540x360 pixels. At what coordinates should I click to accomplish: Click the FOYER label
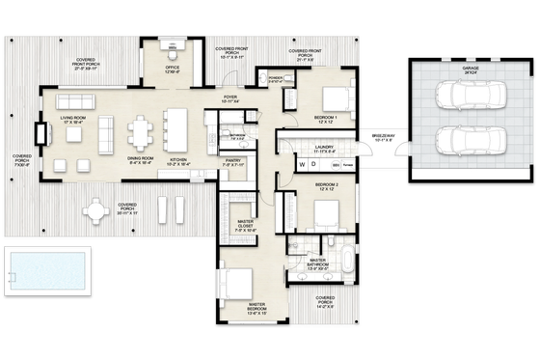(x=230, y=97)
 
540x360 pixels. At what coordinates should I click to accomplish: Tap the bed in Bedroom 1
(x=331, y=97)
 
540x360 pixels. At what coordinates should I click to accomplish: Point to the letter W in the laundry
(x=300, y=165)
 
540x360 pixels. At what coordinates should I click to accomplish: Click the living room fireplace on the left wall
(x=45, y=136)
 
